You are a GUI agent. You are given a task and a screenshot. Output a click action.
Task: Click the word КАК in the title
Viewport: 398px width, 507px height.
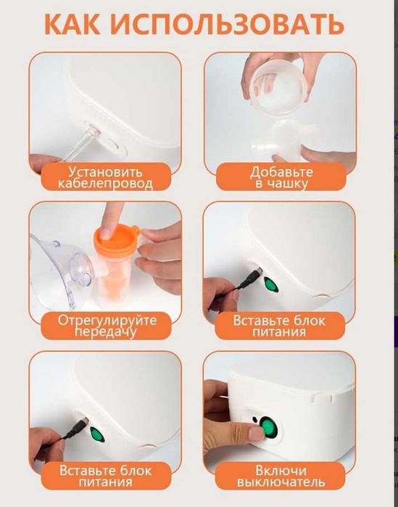click(x=72, y=25)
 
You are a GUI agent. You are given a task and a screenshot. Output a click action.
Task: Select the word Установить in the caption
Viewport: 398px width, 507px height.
click(x=106, y=172)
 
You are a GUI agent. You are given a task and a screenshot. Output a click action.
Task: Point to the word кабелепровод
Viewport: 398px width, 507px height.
click(x=106, y=184)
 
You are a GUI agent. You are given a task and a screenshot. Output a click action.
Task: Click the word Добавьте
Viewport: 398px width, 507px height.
click(x=281, y=172)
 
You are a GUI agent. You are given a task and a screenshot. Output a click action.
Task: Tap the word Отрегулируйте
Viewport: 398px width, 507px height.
click(x=107, y=320)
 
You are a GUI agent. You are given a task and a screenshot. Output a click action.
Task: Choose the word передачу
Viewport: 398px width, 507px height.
click(x=106, y=331)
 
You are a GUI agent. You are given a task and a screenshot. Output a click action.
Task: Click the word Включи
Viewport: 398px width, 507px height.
click(x=281, y=470)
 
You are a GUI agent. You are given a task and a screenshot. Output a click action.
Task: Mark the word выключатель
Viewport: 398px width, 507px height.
click(x=281, y=482)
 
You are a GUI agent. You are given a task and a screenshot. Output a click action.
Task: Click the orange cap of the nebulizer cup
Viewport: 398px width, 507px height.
click(x=115, y=239)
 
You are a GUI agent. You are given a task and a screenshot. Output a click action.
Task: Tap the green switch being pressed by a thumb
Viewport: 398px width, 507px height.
click(x=268, y=427)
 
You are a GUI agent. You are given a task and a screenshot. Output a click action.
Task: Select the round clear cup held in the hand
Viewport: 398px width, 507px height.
click(x=278, y=87)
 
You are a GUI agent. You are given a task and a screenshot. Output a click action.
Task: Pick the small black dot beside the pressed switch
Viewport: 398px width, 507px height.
click(x=255, y=419)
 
